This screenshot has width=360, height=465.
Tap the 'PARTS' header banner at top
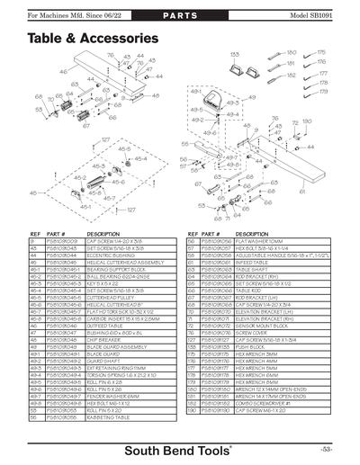point(180,17)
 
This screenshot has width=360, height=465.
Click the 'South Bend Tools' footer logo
point(180,447)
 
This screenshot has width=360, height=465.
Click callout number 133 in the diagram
point(236,55)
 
